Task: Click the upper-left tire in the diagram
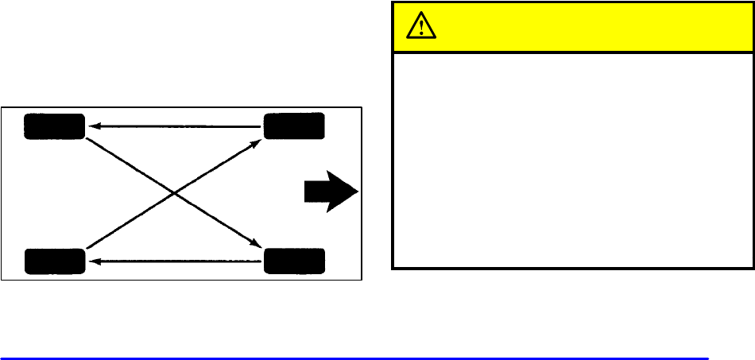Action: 54,126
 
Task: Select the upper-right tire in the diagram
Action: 294,126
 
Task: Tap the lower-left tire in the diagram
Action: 54,261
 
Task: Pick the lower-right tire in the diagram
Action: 294,261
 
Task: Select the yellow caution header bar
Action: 572,27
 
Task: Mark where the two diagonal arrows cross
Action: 174,193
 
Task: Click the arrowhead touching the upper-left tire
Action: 91,126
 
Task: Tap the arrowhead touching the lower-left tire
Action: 91,261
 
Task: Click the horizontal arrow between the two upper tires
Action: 175,126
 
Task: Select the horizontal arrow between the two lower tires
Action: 175,261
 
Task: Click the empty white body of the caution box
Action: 572,159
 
